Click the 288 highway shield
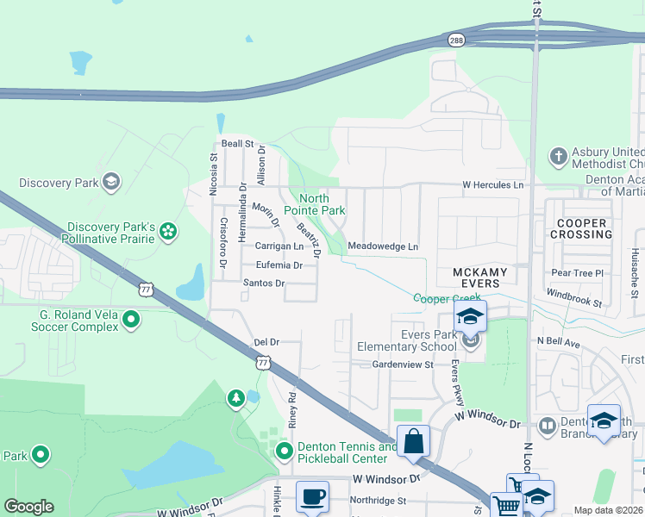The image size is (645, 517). [455, 40]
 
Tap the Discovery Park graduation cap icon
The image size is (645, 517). [110, 182]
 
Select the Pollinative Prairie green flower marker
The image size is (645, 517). [168, 230]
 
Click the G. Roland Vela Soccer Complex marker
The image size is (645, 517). [130, 321]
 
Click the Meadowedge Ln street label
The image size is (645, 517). [383, 247]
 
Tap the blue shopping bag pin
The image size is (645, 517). [414, 441]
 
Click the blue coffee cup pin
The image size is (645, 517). [312, 497]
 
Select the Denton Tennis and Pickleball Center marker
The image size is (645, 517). [284, 452]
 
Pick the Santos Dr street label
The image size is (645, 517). [263, 283]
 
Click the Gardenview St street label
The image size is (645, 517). [402, 365]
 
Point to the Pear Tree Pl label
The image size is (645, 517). [574, 272]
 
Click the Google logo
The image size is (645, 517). [28, 507]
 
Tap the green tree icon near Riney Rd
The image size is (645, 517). [235, 398]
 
